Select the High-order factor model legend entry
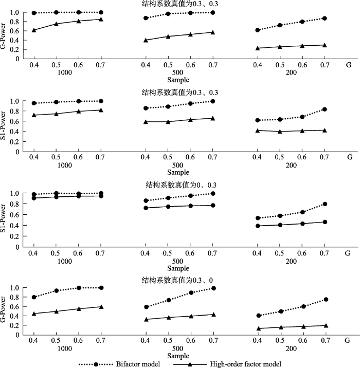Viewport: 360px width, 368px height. click(250, 363)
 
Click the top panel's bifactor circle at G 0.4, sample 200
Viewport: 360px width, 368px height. click(257, 30)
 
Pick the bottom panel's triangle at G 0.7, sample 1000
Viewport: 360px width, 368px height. click(101, 307)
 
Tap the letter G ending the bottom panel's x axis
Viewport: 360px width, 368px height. click(348, 341)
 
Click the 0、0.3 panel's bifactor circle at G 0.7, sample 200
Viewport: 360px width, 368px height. click(325, 204)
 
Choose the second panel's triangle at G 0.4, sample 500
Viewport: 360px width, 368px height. click(146, 122)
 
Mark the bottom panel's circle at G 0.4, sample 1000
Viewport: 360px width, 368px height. click(34, 297)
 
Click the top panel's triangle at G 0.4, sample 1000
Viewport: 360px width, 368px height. click(34, 30)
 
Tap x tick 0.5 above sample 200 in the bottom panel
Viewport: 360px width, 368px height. click(279, 341)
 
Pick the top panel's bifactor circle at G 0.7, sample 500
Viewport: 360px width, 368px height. click(212, 12)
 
